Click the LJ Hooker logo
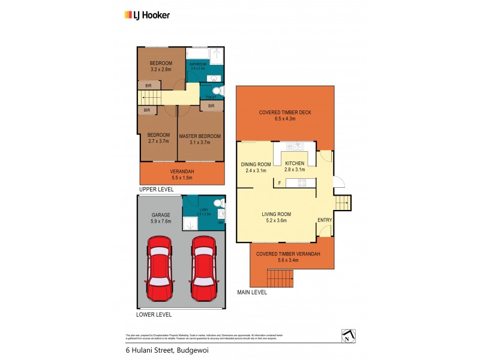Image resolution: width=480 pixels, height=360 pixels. point(146,15)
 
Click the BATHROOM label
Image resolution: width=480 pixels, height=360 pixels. point(197,64)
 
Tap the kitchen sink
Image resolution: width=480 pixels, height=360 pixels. point(294,146)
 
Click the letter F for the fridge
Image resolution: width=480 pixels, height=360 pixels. point(279,183)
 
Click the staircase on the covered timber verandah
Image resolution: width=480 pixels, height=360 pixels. point(280,278)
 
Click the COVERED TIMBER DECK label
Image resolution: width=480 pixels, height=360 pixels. point(285,112)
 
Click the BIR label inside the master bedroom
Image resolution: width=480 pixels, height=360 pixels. point(211,106)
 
